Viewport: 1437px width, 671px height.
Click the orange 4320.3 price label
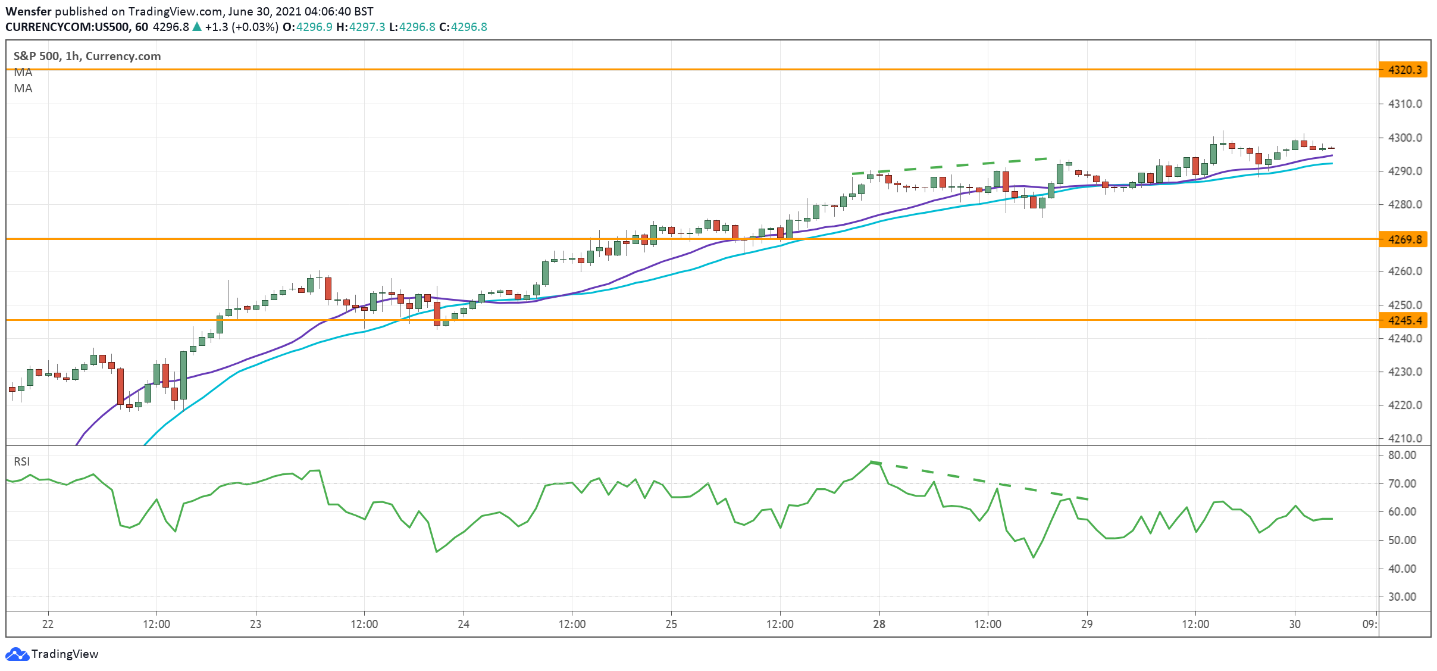(x=1404, y=70)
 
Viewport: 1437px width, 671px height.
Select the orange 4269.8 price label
(x=1404, y=239)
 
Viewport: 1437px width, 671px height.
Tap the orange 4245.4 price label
(x=1404, y=321)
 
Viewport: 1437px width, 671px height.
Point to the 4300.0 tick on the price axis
(x=1404, y=138)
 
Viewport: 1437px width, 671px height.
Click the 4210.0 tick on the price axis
(x=1404, y=438)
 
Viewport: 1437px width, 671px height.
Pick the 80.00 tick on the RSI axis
(x=1401, y=455)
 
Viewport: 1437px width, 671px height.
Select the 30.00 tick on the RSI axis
(x=1401, y=597)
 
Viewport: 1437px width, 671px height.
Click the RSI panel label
(x=22, y=461)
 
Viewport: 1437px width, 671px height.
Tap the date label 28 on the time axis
(x=879, y=624)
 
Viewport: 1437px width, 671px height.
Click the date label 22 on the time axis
(x=48, y=624)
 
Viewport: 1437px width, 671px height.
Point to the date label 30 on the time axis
(x=1295, y=624)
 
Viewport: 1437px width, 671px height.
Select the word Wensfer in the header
(x=29, y=11)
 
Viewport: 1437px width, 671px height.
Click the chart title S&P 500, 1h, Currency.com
(x=87, y=56)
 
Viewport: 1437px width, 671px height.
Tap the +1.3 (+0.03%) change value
(x=241, y=27)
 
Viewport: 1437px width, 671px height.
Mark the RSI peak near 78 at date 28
(x=872, y=462)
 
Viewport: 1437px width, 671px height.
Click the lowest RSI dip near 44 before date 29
(x=1033, y=557)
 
